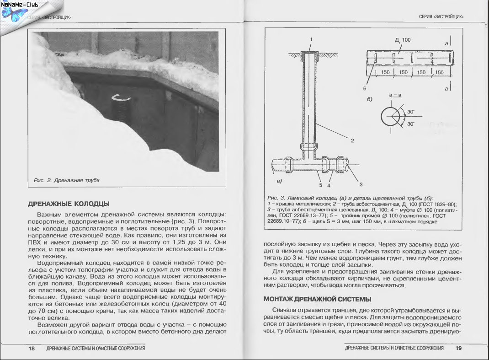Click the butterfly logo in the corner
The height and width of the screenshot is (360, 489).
12,14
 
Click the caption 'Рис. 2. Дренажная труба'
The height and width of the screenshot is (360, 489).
67,180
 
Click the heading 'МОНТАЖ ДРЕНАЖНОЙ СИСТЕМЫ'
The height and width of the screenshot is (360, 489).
317,300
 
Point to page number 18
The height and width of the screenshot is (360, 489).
32,349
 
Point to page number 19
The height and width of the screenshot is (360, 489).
458,349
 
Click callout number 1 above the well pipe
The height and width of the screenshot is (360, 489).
311,39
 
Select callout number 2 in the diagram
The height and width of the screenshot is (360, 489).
352,140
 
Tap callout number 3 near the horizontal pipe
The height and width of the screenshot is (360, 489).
361,184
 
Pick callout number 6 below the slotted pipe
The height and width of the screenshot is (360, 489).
365,88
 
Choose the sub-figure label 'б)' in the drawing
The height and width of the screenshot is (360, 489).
369,99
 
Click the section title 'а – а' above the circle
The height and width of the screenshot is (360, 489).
394,95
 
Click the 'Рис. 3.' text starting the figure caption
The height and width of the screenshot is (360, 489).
274,197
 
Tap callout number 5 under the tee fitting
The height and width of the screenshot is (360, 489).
320,185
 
